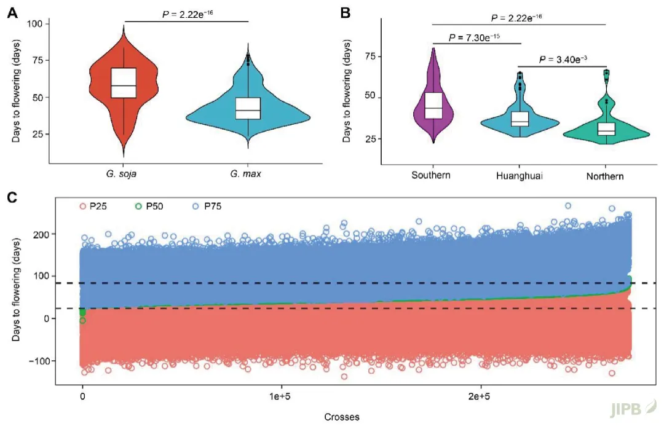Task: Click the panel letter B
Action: point(345,12)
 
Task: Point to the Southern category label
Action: point(431,175)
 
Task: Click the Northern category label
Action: point(604,176)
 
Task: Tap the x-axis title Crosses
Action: point(342,416)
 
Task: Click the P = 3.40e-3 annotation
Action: point(563,60)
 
